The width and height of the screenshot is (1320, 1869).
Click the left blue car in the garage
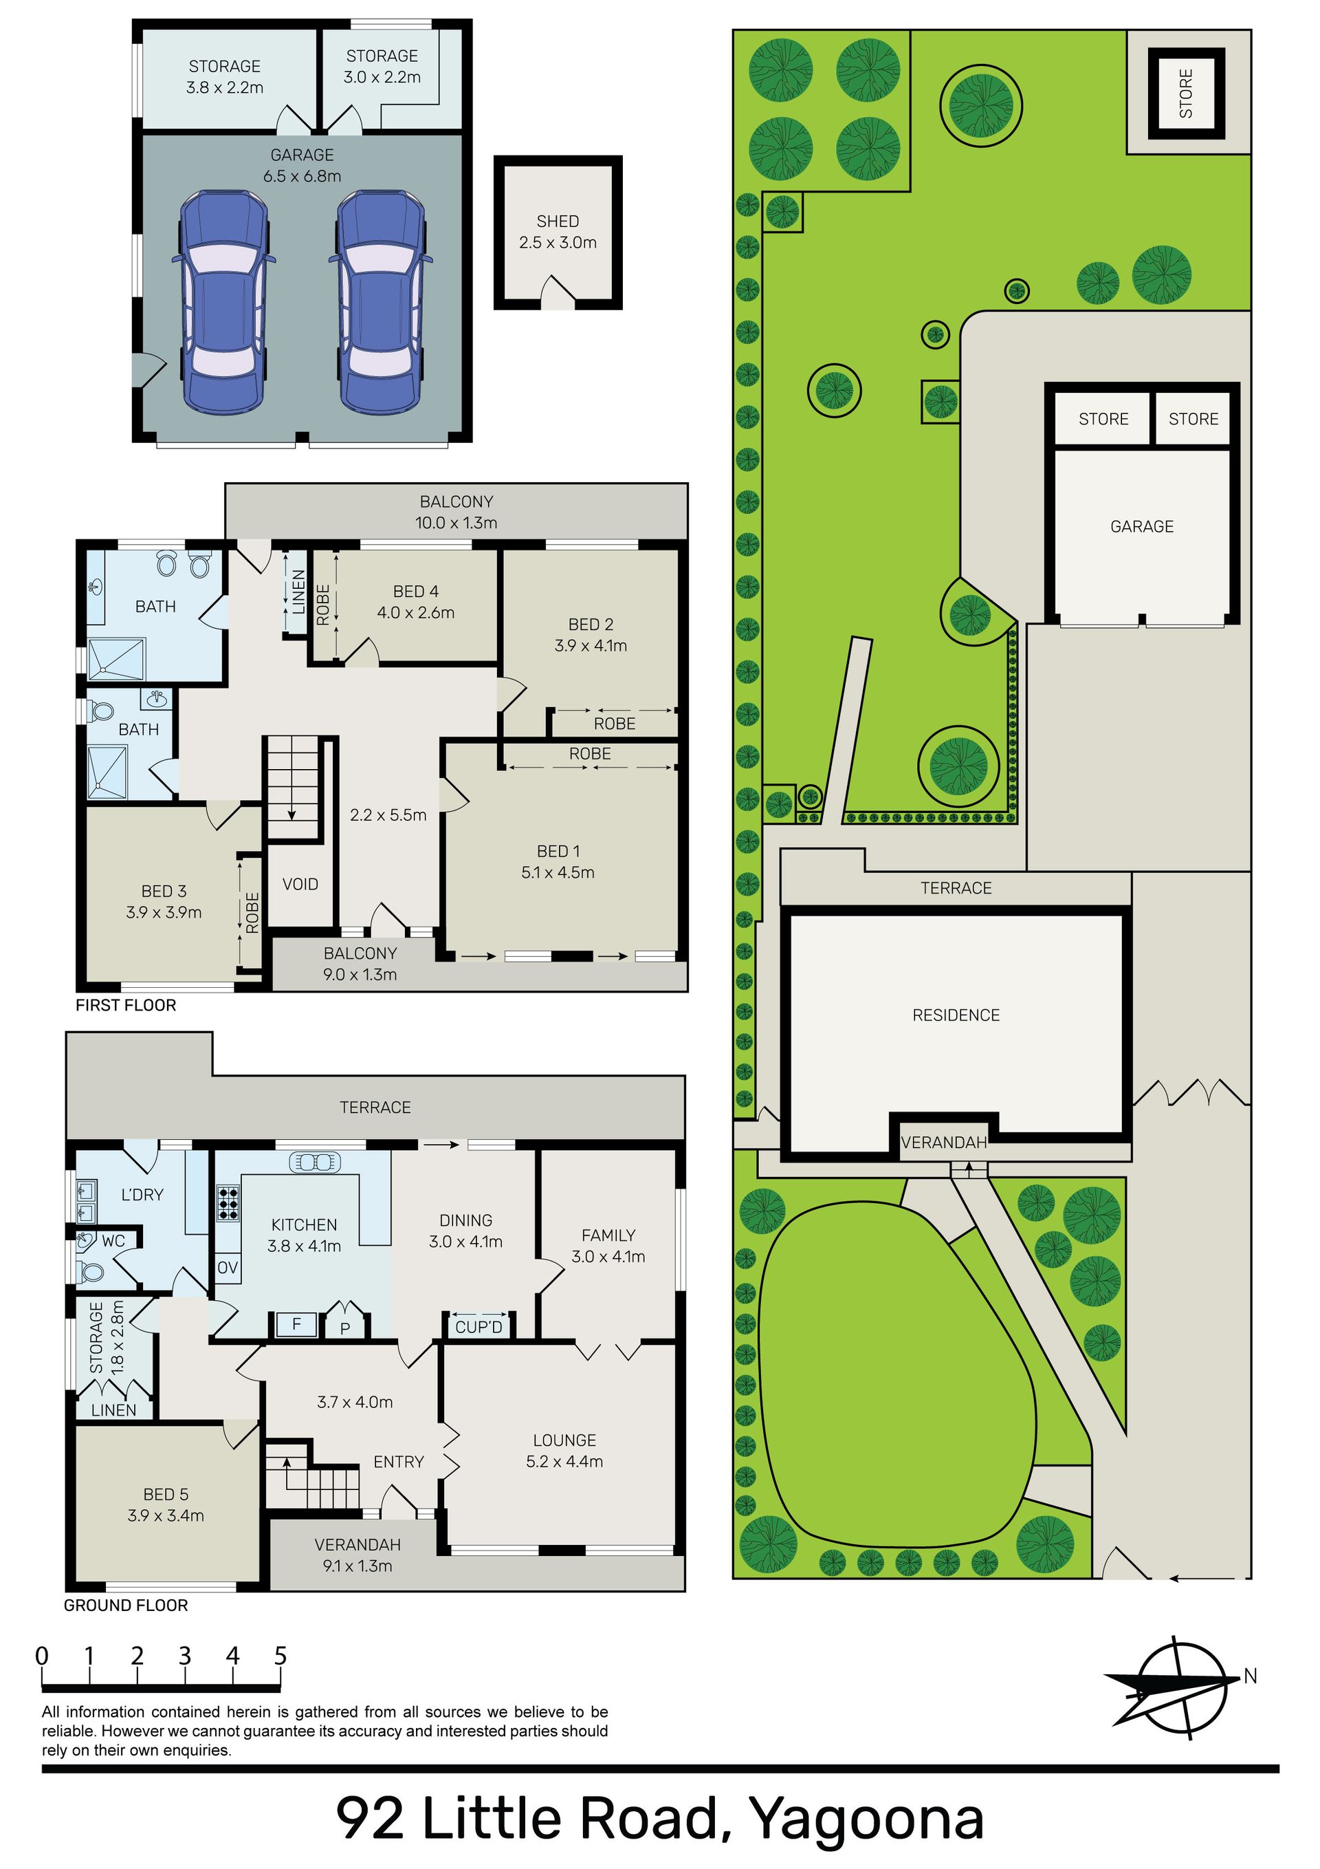point(221,301)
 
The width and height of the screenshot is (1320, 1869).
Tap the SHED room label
point(558,222)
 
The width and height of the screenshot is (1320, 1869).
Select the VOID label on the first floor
point(300,884)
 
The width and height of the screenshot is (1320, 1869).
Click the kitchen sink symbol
point(313,1163)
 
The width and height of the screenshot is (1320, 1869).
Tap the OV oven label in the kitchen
point(228,1268)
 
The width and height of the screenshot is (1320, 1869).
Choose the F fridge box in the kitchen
point(296,1324)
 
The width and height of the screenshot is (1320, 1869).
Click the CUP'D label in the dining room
point(478,1328)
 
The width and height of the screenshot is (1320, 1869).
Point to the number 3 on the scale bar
point(185,1655)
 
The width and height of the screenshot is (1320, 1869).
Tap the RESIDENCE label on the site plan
point(956,1015)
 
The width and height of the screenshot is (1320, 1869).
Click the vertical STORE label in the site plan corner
point(1186,94)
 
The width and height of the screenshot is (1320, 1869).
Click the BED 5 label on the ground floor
point(165,1495)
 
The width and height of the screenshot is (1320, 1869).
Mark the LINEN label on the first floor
point(298,592)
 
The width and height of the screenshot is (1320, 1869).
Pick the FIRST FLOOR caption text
point(125,1005)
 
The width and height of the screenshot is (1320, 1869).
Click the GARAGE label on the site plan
point(1142,527)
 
